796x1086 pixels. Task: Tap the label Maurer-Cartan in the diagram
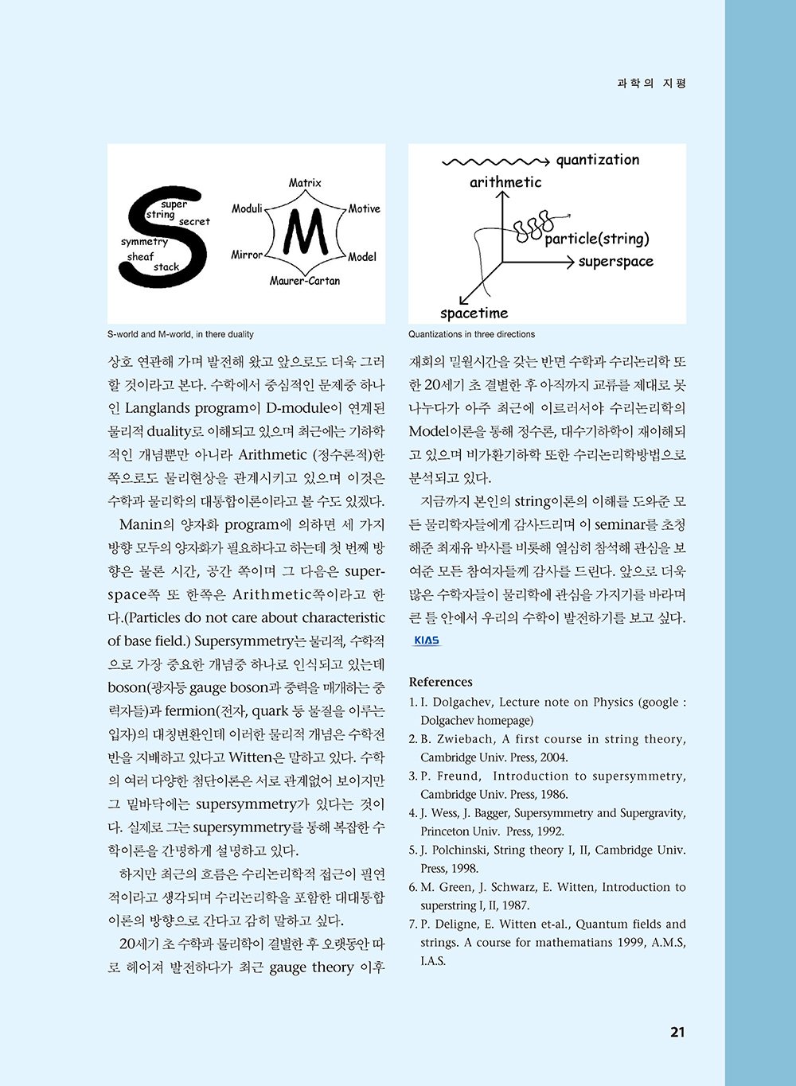click(304, 281)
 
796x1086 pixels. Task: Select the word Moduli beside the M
click(247, 208)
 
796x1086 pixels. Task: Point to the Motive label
click(364, 208)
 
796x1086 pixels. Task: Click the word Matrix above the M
click(305, 183)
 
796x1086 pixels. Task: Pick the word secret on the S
click(194, 222)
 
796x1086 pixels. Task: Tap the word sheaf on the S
click(140, 257)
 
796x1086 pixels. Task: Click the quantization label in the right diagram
click(597, 160)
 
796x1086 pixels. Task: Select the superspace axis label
click(615, 262)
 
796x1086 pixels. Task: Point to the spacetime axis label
click(474, 313)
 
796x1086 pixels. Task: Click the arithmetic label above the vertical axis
click(505, 182)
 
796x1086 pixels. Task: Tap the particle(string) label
click(597, 239)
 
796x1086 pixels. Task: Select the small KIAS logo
click(427, 640)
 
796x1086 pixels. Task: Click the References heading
click(440, 682)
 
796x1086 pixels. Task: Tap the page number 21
click(677, 1033)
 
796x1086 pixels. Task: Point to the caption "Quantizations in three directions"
click(471, 334)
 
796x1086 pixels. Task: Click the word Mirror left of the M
click(247, 255)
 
